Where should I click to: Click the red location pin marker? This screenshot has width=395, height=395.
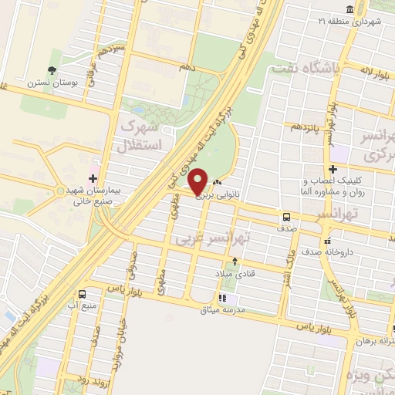pos(198,182)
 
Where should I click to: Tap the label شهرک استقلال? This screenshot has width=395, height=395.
pos(140,134)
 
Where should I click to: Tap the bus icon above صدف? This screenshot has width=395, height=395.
pos(286,218)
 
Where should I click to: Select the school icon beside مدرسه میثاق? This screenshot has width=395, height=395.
pos(222,298)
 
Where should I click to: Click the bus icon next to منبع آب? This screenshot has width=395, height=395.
pos(83,294)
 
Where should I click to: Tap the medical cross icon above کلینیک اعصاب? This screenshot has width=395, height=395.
pos(333,170)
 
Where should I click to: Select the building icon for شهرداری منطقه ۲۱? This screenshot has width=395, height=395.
pos(349,9)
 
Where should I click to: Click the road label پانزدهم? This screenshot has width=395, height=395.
pos(303,126)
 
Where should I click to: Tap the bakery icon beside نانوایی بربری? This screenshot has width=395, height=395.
pos(217,184)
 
